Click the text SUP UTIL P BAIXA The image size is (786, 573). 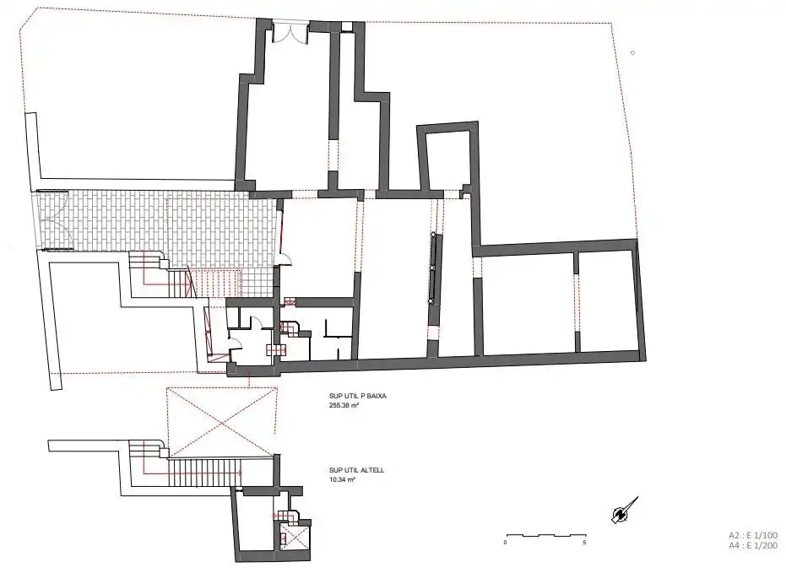pos(357,396)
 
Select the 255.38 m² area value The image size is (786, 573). pos(344,405)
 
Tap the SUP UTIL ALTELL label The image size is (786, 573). pos(356,470)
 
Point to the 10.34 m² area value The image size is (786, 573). pos(342,479)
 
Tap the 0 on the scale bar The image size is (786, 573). pos(505,543)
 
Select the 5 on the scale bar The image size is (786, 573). pos(584,543)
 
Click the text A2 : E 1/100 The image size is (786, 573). pos(753,535)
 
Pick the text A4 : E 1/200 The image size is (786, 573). pos(753,546)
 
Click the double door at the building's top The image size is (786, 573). pos(290,33)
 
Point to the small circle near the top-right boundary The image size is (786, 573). pos(632,52)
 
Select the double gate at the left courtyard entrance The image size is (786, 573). pos(52,220)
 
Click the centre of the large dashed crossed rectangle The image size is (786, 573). pos(221,422)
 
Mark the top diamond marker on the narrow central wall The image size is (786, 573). pos(432,234)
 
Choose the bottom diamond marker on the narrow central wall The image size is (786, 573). pos(430,300)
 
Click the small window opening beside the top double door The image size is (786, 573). pos(346,27)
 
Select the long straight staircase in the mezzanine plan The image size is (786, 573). pos(205,473)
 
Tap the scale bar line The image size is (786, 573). pos(546,535)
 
